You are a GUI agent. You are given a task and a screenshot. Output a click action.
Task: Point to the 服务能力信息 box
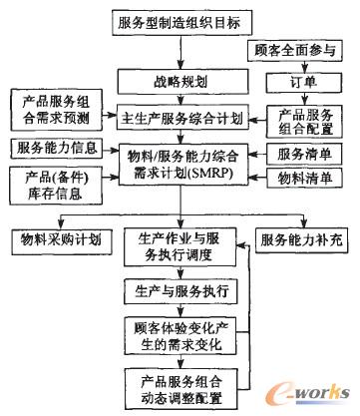tap(54, 148)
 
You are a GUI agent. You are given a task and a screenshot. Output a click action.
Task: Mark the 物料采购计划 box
tap(56, 240)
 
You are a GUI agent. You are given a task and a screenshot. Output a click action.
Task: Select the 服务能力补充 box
tap(305, 240)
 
